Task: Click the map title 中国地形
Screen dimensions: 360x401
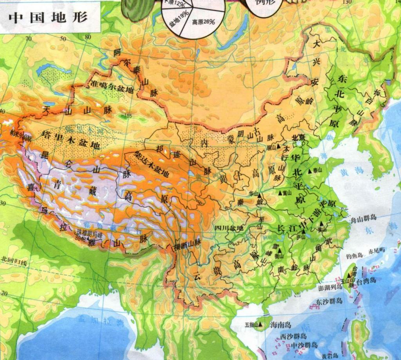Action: tap(49, 17)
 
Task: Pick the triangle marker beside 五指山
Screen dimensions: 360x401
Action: tap(260, 324)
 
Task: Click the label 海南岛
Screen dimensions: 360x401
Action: tap(280, 325)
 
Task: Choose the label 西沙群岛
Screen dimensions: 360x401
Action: tap(293, 337)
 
